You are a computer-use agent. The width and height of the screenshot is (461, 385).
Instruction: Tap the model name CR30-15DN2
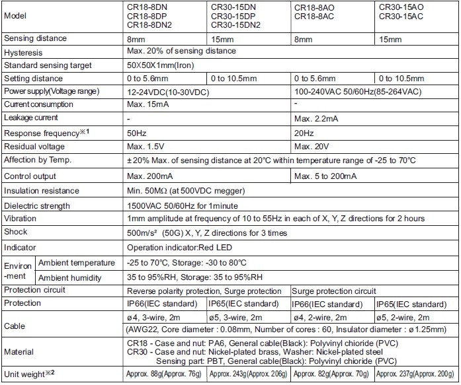coord(235,25)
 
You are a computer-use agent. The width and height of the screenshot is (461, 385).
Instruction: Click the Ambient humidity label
coord(67,277)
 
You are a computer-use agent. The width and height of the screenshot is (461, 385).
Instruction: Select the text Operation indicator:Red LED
coord(179,248)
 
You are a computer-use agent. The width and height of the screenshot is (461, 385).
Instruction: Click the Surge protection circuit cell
coord(334,291)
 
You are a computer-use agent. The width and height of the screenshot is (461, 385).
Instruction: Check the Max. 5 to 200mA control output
coord(325,176)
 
